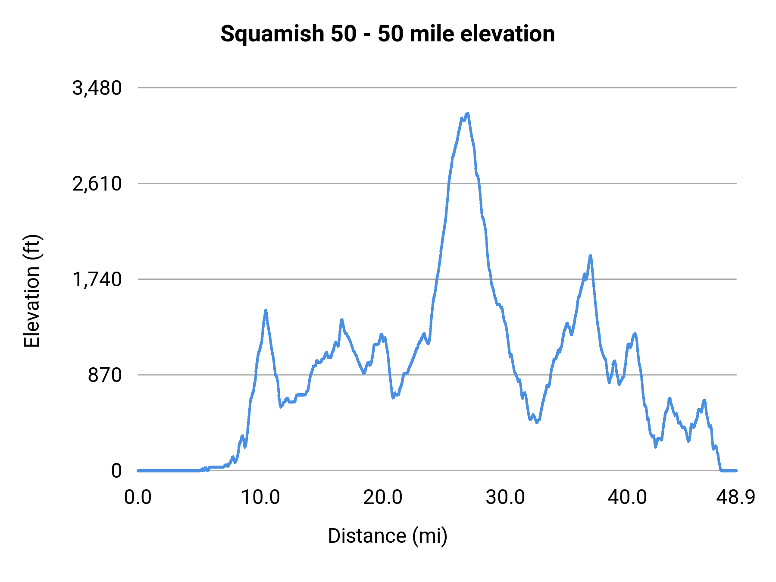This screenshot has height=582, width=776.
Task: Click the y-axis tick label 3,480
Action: tap(97, 88)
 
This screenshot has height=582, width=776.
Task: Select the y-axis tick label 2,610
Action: tap(97, 184)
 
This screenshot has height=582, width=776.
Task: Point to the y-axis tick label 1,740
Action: tap(97, 280)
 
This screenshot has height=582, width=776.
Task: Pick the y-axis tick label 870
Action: tap(105, 375)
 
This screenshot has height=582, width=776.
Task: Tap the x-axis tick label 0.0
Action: tap(138, 498)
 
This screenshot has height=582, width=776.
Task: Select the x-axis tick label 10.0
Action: tap(260, 498)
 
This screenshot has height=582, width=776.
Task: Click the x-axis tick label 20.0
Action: tap(382, 498)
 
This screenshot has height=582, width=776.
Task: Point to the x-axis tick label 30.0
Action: tap(505, 498)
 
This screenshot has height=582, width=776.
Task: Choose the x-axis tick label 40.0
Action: tap(627, 498)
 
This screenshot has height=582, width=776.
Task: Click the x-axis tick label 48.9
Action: tap(736, 498)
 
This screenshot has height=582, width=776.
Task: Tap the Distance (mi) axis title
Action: tap(388, 536)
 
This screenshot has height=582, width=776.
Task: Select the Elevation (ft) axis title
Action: tap(31, 291)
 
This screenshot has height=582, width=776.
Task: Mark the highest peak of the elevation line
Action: tap(467, 114)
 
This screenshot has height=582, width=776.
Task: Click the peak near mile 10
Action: tap(266, 310)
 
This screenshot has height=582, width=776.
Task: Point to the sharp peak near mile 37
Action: tap(591, 256)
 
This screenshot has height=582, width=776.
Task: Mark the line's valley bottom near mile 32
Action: tap(536, 422)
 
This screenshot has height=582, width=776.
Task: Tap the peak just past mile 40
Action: tap(635, 334)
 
